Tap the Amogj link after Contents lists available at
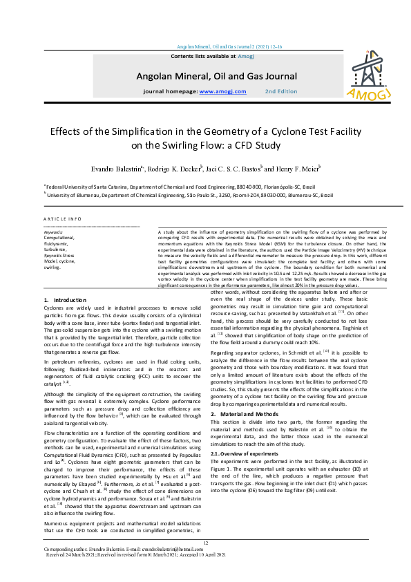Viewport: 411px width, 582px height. tap(247, 55)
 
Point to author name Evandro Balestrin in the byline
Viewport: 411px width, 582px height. tap(114, 168)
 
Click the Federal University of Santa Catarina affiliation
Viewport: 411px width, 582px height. tap(181, 187)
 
